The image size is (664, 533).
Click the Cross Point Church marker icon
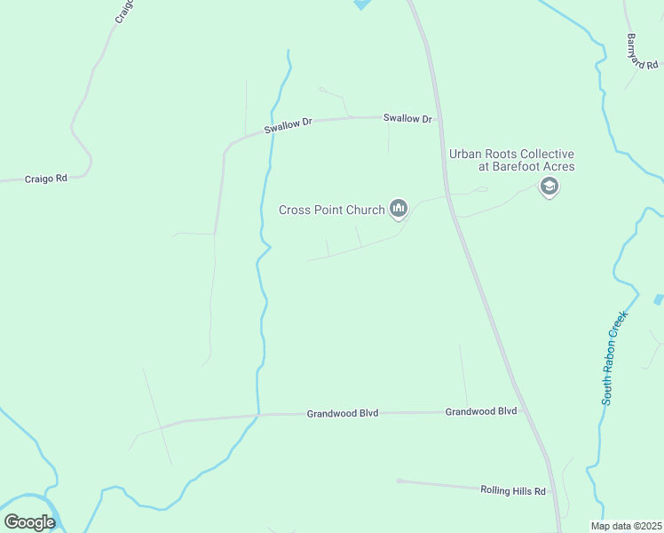pyautogui.click(x=399, y=209)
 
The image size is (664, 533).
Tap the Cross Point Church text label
pyautogui.click(x=332, y=211)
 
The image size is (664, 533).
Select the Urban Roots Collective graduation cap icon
pyautogui.click(x=549, y=187)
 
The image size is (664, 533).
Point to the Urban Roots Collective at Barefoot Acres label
pyautogui.click(x=512, y=160)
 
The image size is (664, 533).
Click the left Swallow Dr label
pyautogui.click(x=289, y=126)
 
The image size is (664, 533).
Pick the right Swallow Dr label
pyautogui.click(x=407, y=118)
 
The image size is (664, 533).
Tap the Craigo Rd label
pyautogui.click(x=47, y=179)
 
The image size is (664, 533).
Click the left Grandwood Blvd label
pyautogui.click(x=343, y=413)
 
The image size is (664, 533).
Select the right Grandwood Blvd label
pyautogui.click(x=481, y=412)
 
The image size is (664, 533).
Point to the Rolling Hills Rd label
pyautogui.click(x=514, y=489)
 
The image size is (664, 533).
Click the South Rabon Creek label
pyautogui.click(x=614, y=358)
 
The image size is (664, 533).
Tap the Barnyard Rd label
pyautogui.click(x=642, y=52)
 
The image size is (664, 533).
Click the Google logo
pyautogui.click(x=29, y=522)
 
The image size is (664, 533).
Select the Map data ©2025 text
pyautogui.click(x=626, y=526)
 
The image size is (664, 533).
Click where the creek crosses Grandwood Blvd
pyautogui.click(x=258, y=414)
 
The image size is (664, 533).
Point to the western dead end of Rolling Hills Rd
pyautogui.click(x=399, y=481)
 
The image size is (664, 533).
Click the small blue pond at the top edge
pyautogui.click(x=361, y=4)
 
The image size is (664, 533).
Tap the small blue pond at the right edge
pyautogui.click(x=659, y=299)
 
